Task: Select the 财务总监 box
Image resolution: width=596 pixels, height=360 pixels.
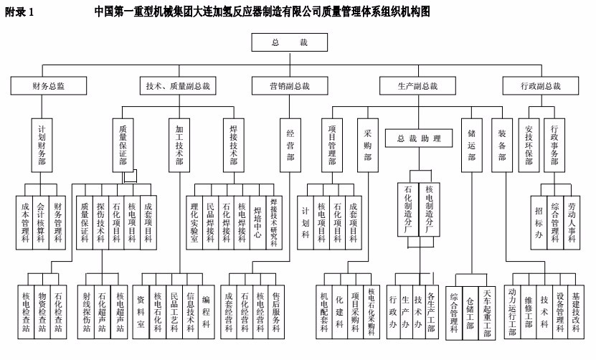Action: [49, 86]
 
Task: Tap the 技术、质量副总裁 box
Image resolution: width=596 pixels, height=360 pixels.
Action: [178, 86]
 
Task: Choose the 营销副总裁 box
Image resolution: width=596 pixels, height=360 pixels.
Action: [289, 86]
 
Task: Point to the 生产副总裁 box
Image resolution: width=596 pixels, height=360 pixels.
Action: [417, 86]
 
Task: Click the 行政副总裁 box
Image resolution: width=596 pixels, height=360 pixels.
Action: [541, 86]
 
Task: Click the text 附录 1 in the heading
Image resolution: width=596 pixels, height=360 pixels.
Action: [19, 12]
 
